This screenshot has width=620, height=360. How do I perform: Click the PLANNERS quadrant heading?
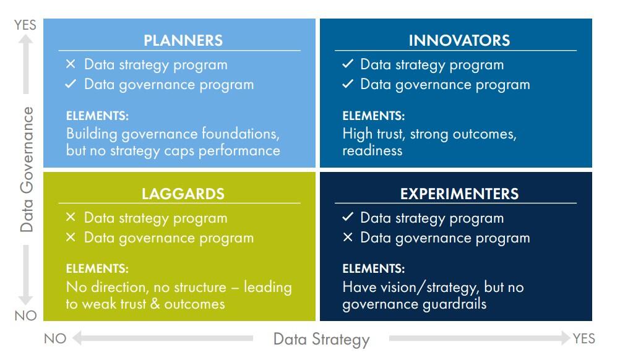pyautogui.click(x=183, y=41)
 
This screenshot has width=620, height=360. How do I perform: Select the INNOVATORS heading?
pyautogui.click(x=459, y=41)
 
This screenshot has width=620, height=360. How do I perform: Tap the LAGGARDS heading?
pyautogui.click(x=183, y=194)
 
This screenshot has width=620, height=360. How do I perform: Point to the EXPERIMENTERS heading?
pyautogui.click(x=459, y=194)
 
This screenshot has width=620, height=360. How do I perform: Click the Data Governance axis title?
pyautogui.click(x=27, y=169)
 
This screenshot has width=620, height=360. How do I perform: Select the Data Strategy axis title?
pyautogui.click(x=321, y=339)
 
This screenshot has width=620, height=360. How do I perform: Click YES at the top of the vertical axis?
pyautogui.click(x=25, y=25)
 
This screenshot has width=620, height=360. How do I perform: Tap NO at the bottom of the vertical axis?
pyautogui.click(x=25, y=316)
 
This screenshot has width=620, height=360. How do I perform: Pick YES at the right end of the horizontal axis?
pyautogui.click(x=584, y=338)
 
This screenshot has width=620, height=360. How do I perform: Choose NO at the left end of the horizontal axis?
pyautogui.click(x=55, y=338)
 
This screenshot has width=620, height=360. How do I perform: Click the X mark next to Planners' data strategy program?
pyautogui.click(x=71, y=64)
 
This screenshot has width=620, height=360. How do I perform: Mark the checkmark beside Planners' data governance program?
pyautogui.click(x=71, y=84)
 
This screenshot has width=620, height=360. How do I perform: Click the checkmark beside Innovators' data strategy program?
pyautogui.click(x=348, y=64)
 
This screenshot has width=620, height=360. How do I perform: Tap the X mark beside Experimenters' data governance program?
pyautogui.click(x=348, y=238)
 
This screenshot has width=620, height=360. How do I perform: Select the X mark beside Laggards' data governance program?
pyautogui.click(x=71, y=238)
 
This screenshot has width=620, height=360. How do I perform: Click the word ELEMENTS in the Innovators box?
pyautogui.click(x=373, y=116)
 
